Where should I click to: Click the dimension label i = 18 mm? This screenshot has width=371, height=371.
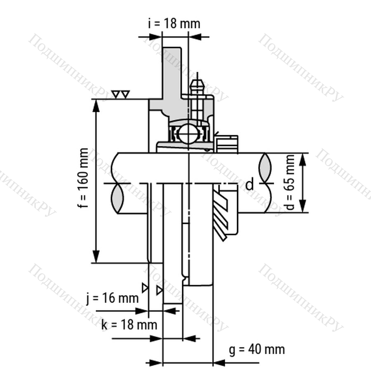(x=174, y=23)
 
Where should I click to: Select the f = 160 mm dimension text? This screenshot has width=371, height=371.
(x=83, y=178)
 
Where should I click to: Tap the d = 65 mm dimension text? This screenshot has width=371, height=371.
(x=290, y=183)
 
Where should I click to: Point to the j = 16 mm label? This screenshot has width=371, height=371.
(x=113, y=298)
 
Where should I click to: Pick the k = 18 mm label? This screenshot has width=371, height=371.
(x=129, y=324)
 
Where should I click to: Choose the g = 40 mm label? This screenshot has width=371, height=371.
(x=257, y=350)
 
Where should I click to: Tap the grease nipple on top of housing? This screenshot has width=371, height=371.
(x=197, y=88)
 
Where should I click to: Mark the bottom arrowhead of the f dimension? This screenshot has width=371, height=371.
(x=96, y=256)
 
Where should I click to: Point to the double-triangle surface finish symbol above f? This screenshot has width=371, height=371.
(x=121, y=94)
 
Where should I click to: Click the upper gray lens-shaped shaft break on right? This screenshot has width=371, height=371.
(x=265, y=168)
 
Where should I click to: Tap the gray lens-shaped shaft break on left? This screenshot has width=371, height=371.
(x=117, y=198)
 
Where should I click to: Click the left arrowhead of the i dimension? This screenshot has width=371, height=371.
(x=156, y=37)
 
